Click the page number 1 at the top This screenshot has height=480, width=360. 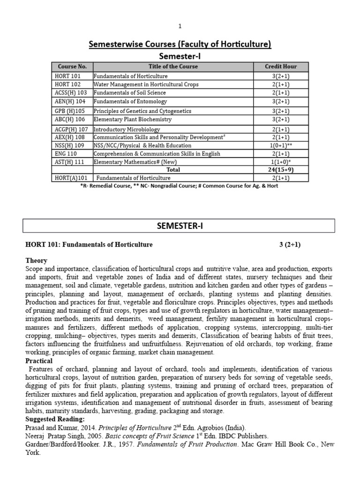[180, 26]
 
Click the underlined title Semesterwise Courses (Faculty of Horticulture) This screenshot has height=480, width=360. [180, 45]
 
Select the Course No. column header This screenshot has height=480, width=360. [72, 67]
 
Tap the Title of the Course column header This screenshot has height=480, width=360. [173, 67]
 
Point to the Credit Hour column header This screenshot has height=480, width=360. [280, 67]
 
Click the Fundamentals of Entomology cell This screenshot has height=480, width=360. [130, 102]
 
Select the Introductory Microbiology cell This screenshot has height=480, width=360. [127, 129]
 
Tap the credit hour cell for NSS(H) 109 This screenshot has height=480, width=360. [280, 146]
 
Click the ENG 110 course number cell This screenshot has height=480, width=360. [63, 154]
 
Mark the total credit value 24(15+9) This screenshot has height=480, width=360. [280, 170]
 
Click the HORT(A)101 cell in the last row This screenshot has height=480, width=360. [68, 178]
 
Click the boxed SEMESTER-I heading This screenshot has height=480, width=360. [180, 226]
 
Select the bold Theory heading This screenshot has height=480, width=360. [36, 261]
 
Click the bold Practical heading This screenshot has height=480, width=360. [39, 361]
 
